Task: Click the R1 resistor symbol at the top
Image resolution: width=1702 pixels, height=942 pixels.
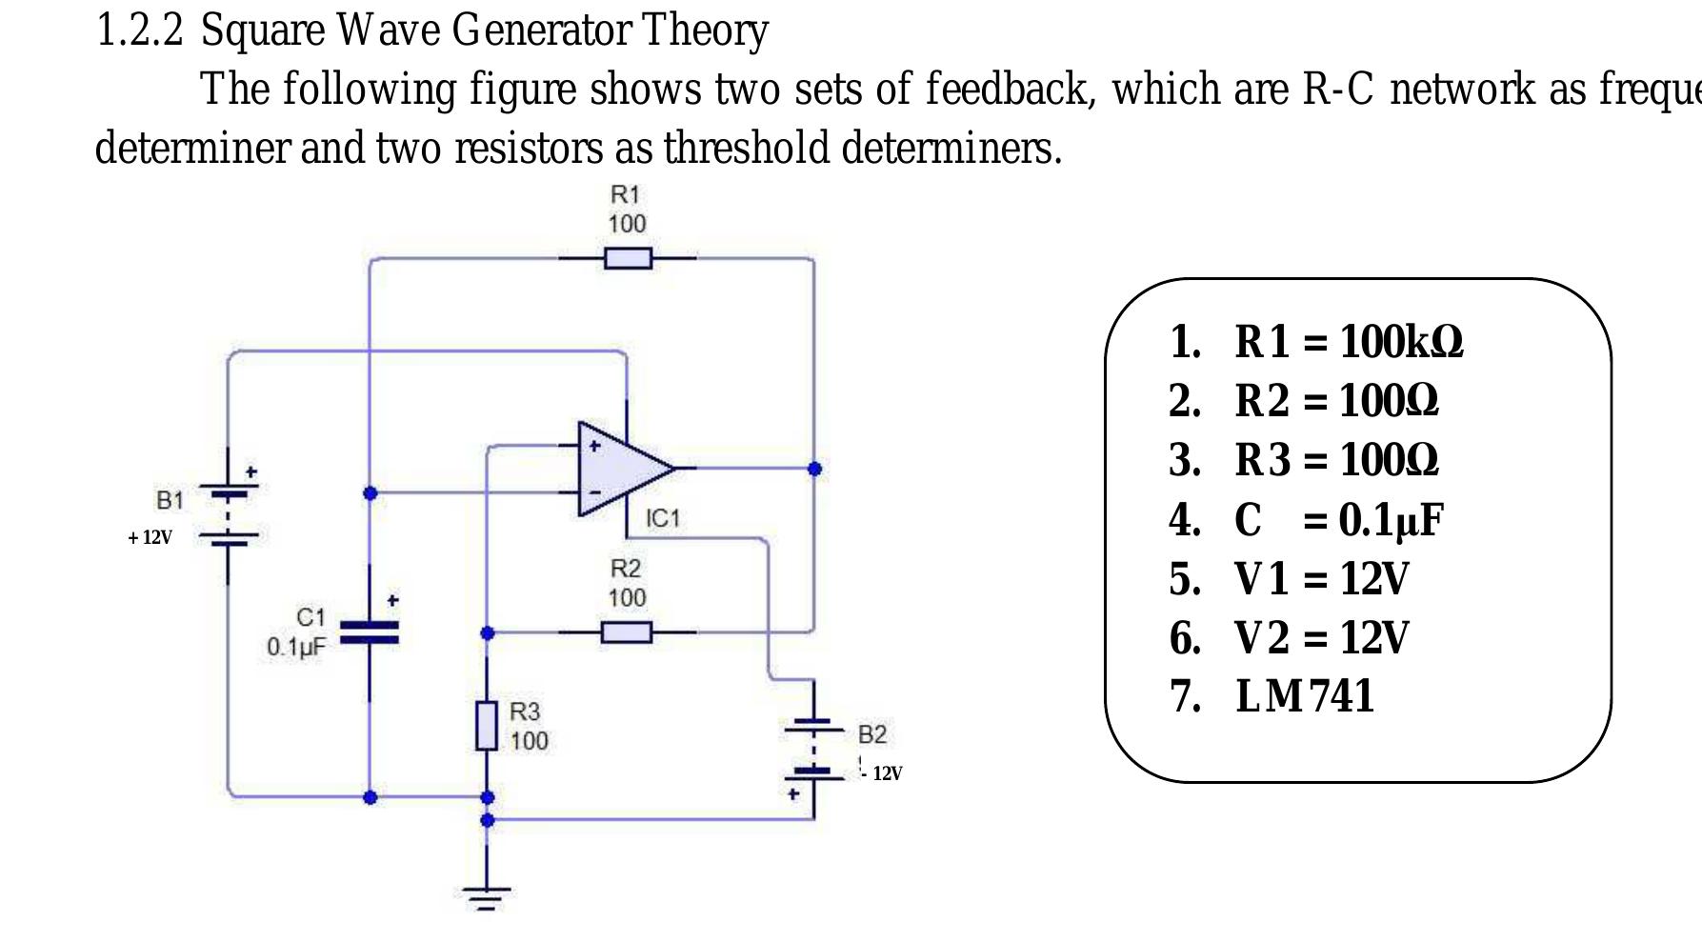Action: (628, 257)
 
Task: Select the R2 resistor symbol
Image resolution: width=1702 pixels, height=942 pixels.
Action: (627, 631)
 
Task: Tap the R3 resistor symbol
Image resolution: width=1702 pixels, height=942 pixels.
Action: (487, 726)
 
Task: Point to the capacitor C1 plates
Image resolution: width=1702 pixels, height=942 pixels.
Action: (370, 631)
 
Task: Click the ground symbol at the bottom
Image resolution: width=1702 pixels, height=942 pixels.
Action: (487, 896)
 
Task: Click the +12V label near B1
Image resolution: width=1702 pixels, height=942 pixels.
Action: (150, 537)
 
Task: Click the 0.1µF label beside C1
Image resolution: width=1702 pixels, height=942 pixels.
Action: (296, 647)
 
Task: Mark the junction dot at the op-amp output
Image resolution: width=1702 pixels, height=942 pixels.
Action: (814, 469)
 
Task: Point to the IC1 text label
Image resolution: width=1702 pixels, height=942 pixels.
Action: (663, 518)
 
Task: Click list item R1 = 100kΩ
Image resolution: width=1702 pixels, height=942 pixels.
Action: (1348, 341)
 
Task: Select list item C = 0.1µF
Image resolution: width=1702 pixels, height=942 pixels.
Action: (1338, 519)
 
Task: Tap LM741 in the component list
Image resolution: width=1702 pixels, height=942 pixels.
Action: (1305, 695)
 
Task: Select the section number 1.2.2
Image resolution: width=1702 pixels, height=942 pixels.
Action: (140, 30)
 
